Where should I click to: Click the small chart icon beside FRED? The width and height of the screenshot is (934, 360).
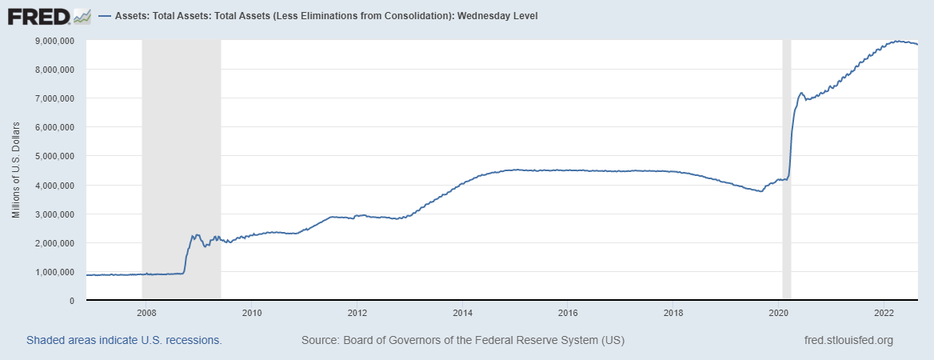click(82, 15)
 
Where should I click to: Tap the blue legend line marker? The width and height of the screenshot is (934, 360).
click(105, 16)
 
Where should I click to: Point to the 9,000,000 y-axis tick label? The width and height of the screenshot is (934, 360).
click(56, 40)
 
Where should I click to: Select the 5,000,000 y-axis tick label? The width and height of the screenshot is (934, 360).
click(56, 156)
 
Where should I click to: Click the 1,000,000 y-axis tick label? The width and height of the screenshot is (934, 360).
click(56, 272)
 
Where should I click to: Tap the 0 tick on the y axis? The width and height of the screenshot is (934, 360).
click(72, 301)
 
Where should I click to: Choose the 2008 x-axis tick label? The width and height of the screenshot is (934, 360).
click(146, 313)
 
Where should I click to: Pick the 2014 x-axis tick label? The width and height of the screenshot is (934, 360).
click(462, 313)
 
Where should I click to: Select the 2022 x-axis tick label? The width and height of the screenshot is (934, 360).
click(884, 313)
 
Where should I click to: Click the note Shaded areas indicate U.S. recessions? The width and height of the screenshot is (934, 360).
click(124, 340)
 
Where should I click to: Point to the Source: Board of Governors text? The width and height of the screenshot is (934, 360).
click(462, 340)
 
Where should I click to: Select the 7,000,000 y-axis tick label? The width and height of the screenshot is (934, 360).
click(56, 98)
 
